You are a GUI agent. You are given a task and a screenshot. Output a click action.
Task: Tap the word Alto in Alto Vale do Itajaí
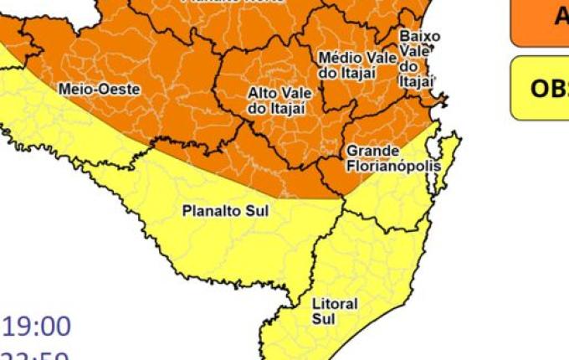262,93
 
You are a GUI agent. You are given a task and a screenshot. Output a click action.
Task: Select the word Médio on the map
336,58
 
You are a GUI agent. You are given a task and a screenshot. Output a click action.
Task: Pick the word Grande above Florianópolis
367,151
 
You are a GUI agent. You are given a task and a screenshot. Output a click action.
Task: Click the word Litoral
334,304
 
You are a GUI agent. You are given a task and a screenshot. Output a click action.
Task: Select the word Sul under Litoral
322,318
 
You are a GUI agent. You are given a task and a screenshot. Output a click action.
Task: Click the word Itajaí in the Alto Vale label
290,108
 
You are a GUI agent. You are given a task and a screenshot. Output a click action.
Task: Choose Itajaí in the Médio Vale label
357,73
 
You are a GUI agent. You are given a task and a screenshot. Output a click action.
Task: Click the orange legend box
541,21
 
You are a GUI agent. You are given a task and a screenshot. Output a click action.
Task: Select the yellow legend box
541,88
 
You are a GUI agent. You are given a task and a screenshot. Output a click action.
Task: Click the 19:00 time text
38,326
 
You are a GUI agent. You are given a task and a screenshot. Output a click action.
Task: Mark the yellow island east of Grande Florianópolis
448,159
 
